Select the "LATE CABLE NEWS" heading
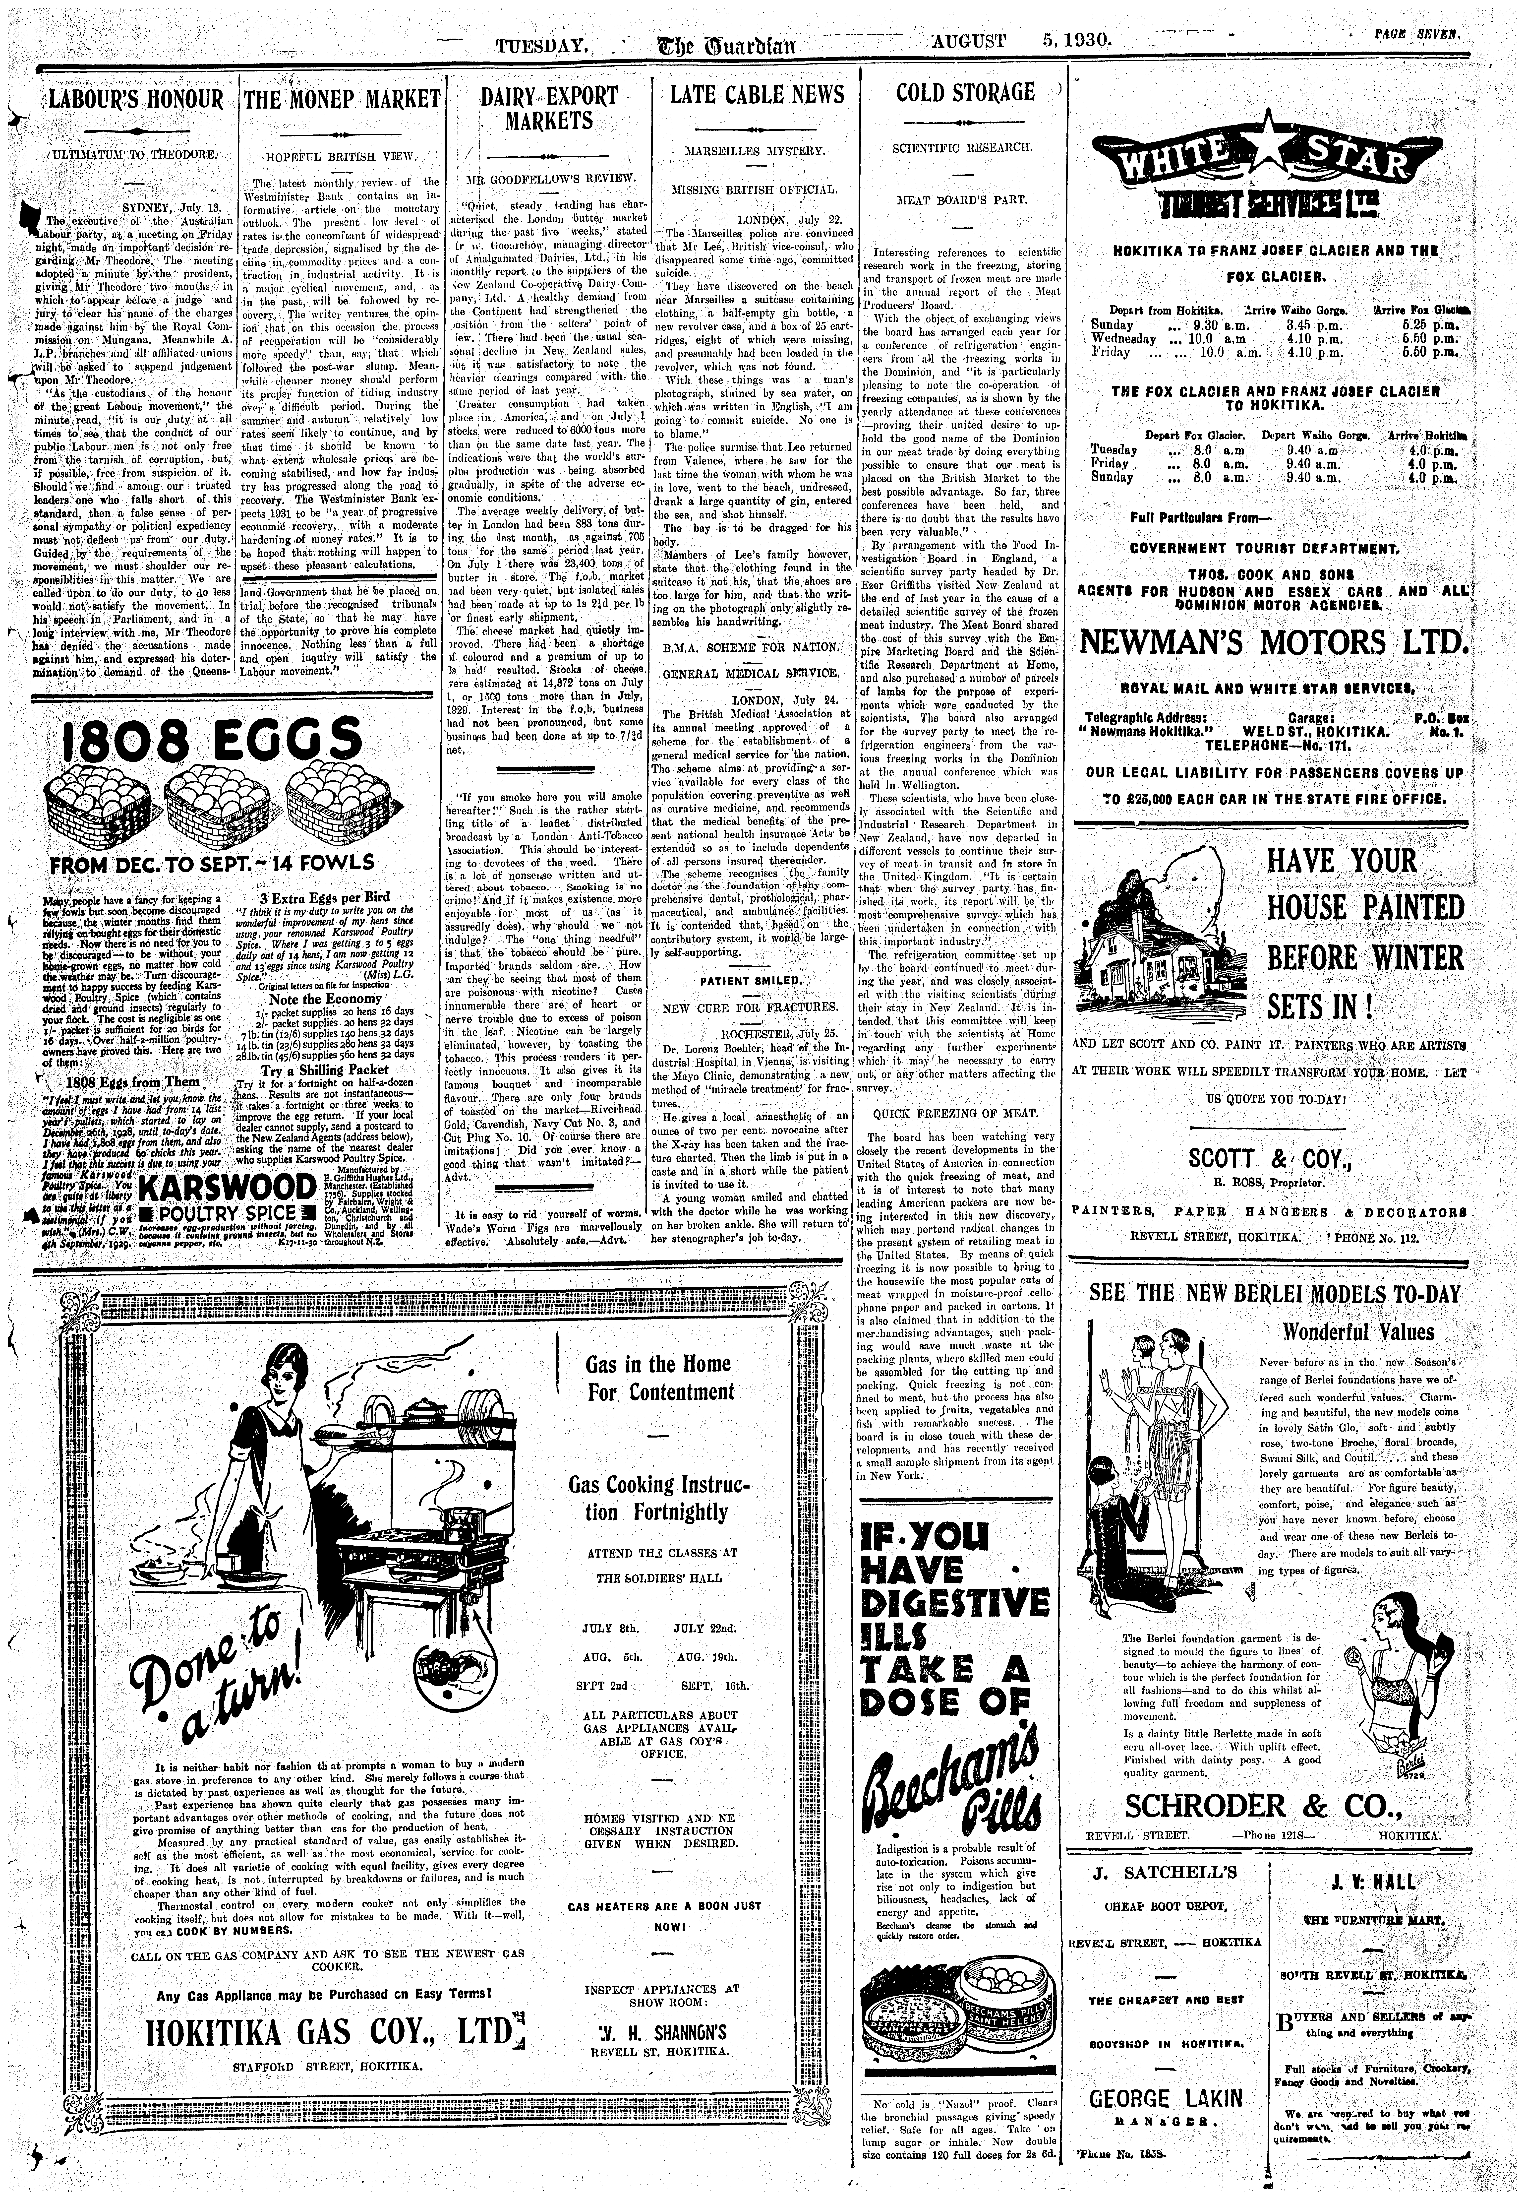pos(757,95)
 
